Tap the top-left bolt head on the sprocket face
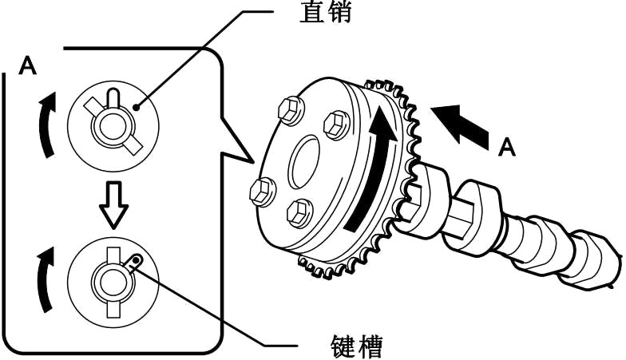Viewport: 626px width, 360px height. tap(289, 112)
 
